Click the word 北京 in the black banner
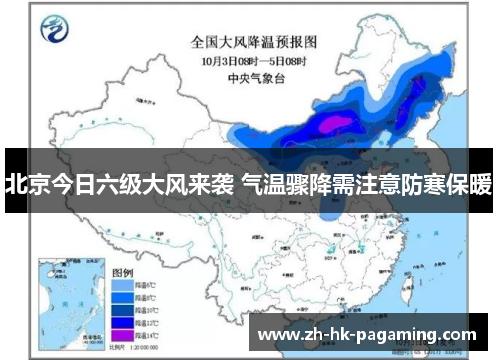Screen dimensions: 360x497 tap(25, 185)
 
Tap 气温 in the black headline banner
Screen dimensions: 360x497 tap(263, 185)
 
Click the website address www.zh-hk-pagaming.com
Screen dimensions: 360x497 tap(368, 333)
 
